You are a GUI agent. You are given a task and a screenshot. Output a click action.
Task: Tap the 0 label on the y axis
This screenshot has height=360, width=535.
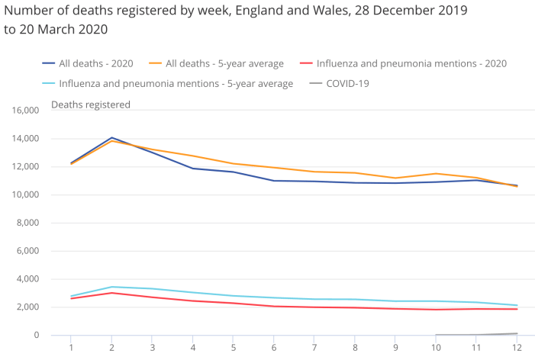[35, 336]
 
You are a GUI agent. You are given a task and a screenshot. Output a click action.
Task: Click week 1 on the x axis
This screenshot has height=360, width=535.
[71, 349]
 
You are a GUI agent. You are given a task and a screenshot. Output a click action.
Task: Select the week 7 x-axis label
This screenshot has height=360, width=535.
[314, 349]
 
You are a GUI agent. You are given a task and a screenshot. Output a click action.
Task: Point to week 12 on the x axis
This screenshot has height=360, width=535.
[517, 349]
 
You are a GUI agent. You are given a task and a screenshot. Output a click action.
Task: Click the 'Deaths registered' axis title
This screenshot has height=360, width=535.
[91, 104]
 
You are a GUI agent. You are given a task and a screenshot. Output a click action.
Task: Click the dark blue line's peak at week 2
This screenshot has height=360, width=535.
[112, 138]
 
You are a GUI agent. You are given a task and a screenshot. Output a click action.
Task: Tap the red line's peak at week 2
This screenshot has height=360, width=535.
[112, 293]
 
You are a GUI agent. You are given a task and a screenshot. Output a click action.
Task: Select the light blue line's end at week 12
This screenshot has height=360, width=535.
[517, 306]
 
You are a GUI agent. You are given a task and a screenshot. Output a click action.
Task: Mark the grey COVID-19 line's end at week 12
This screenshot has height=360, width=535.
[517, 333]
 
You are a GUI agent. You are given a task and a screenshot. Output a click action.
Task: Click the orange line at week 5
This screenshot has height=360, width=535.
[234, 163]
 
